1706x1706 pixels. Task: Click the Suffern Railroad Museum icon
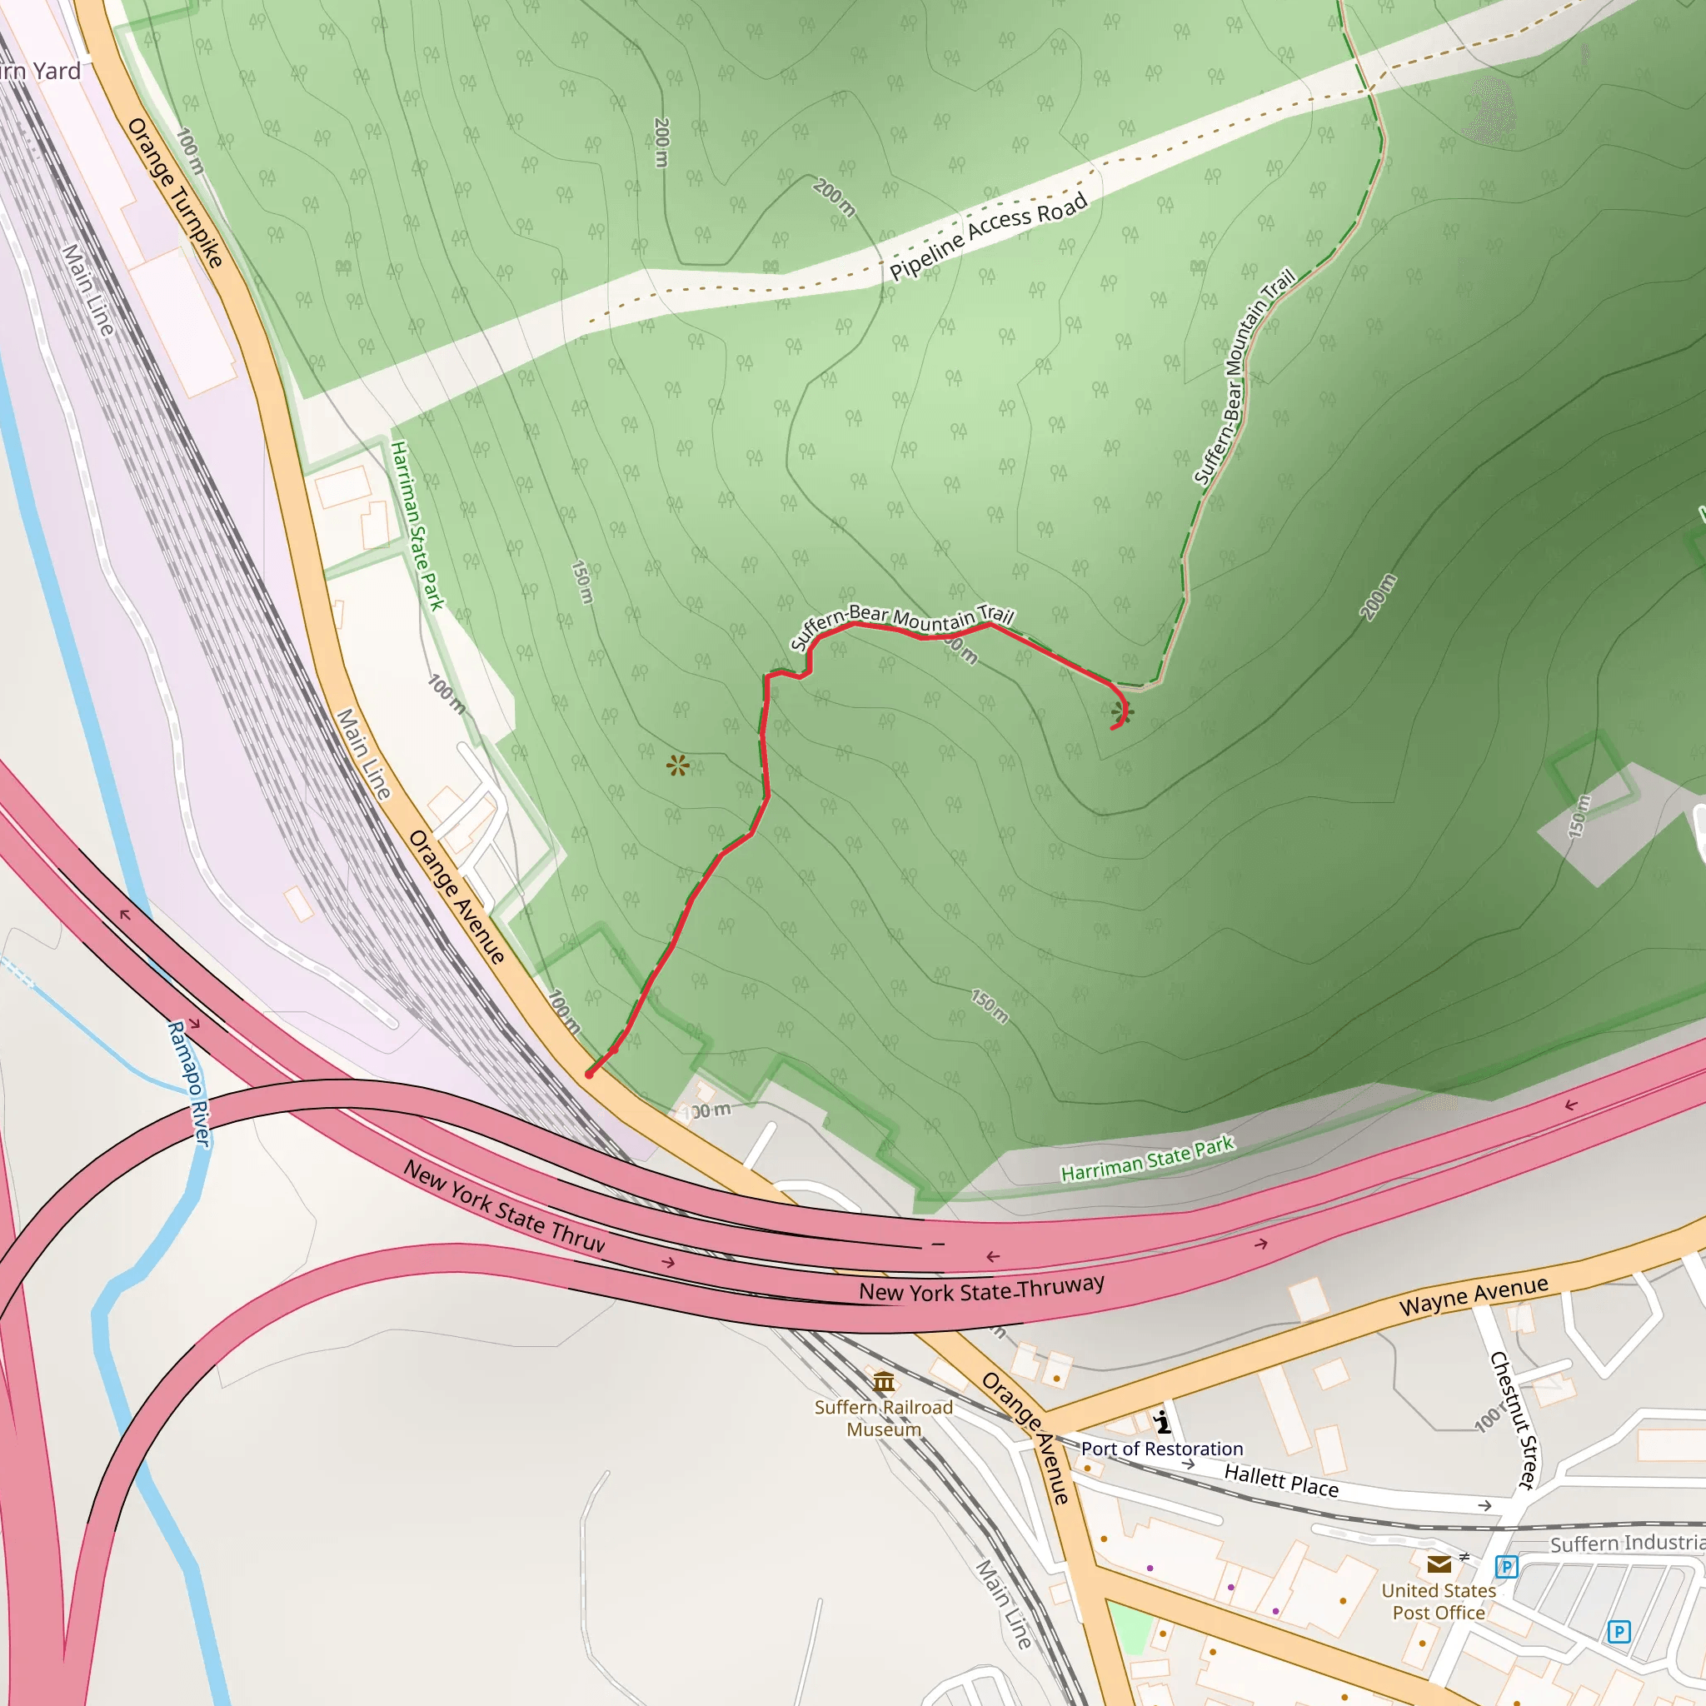click(x=884, y=1381)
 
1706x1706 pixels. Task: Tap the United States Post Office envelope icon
click(x=1439, y=1564)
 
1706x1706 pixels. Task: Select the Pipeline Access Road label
click(x=988, y=237)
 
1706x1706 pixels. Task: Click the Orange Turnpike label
click(x=174, y=192)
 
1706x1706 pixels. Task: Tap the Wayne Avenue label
click(x=1474, y=1295)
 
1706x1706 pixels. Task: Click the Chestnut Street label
click(x=1514, y=1421)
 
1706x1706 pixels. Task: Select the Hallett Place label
click(x=1281, y=1481)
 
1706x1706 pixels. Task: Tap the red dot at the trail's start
click(x=590, y=1075)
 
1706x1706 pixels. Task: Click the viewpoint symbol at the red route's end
click(x=1121, y=711)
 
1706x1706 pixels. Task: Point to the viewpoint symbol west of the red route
click(x=677, y=766)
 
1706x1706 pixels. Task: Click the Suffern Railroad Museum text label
click(x=884, y=1418)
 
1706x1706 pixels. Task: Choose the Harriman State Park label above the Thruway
click(x=1147, y=1160)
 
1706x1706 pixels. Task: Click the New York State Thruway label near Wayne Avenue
click(x=981, y=1289)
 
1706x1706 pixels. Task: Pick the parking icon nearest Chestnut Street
click(x=1506, y=1567)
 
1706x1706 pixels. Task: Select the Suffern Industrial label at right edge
click(x=1628, y=1543)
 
